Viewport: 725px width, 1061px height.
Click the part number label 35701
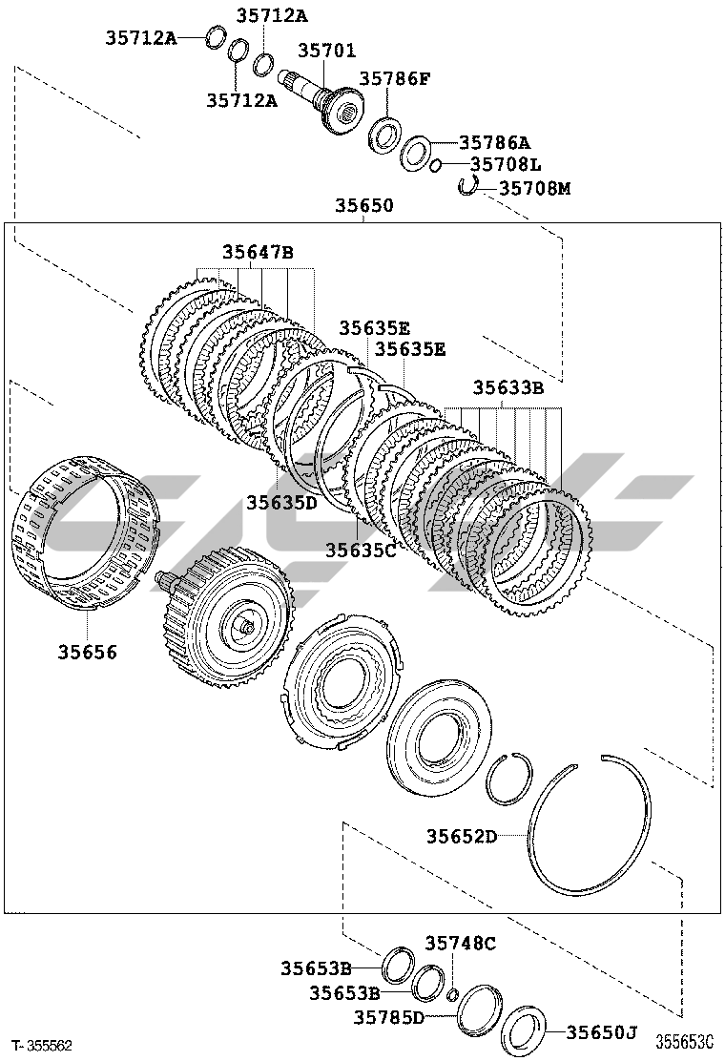coord(326,50)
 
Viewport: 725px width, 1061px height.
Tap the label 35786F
coord(394,78)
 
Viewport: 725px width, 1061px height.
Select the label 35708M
coord(534,188)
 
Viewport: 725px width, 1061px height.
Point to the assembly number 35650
coord(363,205)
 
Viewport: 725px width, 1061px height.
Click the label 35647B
coord(258,253)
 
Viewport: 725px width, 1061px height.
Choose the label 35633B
coord(507,387)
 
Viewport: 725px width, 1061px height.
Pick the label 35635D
coord(281,503)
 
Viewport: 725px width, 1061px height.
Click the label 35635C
coord(362,551)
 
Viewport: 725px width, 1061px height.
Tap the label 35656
coord(87,652)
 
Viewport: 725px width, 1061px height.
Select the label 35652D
coord(462,837)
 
